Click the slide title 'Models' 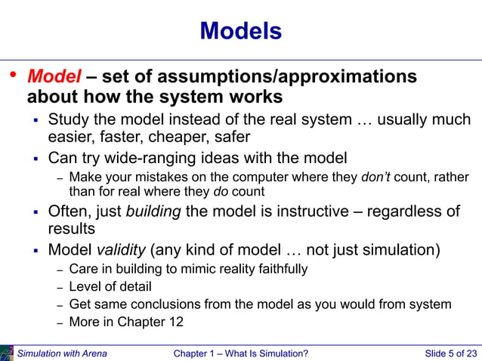click(x=241, y=31)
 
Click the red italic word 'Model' click(x=54, y=77)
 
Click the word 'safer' click(x=232, y=137)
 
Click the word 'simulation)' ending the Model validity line click(x=402, y=249)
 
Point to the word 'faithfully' click(x=280, y=269)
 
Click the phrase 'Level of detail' click(x=110, y=287)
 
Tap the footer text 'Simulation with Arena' click(x=62, y=353)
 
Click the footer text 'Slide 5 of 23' click(x=450, y=353)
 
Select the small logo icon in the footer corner click(x=7, y=353)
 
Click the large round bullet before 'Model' click(x=11, y=76)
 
